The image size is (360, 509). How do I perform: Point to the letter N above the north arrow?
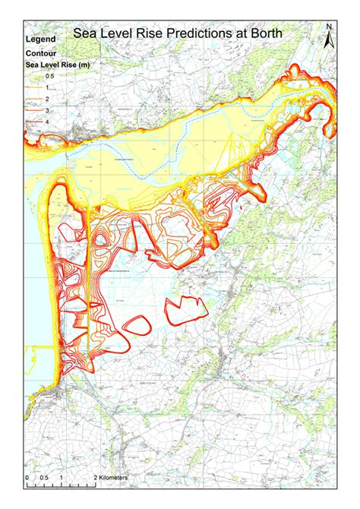click(x=328, y=28)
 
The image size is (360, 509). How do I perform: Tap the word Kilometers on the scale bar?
click(x=111, y=477)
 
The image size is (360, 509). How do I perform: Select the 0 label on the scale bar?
click(x=27, y=477)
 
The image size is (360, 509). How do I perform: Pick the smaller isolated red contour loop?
click(x=137, y=324)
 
